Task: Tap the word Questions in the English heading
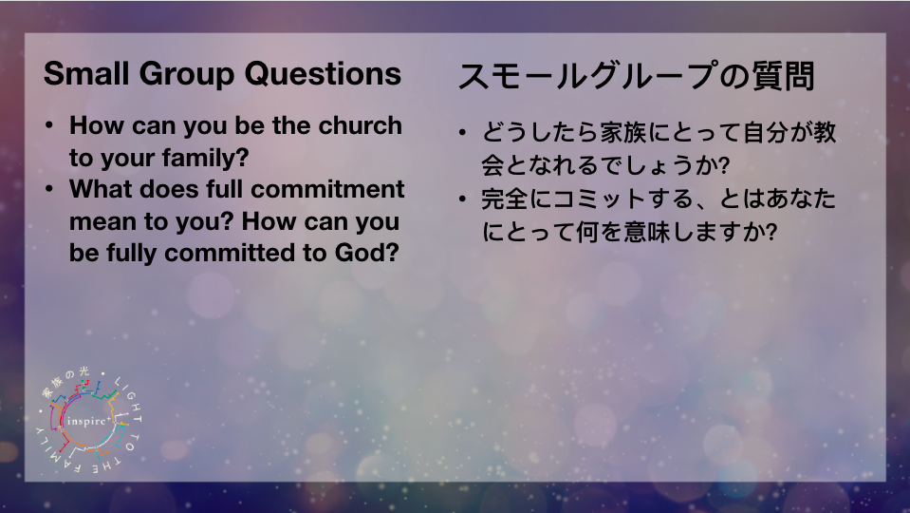323,74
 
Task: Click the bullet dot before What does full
49,189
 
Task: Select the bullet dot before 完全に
462,199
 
